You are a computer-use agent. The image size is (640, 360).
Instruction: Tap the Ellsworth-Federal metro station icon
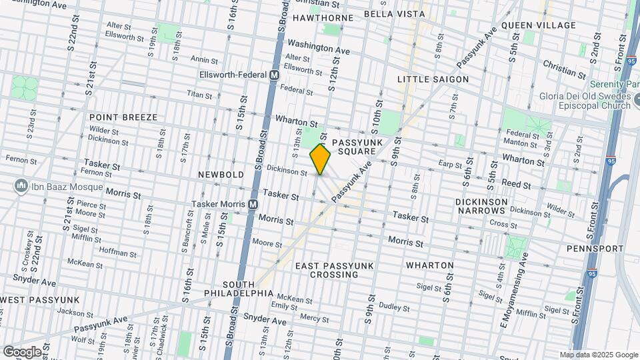pyautogui.click(x=274, y=76)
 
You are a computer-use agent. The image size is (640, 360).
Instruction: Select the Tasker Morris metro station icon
pyautogui.click(x=253, y=204)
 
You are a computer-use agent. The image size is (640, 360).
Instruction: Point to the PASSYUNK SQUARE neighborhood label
pyautogui.click(x=356, y=147)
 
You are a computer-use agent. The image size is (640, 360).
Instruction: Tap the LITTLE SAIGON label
pyautogui.click(x=433, y=79)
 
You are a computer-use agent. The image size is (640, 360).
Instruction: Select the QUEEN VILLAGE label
pyautogui.click(x=538, y=25)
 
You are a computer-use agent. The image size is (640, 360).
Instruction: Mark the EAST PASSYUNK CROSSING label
pyautogui.click(x=334, y=270)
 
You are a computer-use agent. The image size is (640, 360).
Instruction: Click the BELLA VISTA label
pyautogui.click(x=394, y=13)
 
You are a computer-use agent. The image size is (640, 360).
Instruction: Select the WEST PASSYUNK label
pyautogui.click(x=40, y=300)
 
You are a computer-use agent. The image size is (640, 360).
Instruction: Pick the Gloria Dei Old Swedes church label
pyautogui.click(x=586, y=101)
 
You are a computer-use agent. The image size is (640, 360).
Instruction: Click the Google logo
pyautogui.click(x=23, y=351)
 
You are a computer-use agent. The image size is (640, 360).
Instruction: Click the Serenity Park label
pyautogui.click(x=614, y=85)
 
